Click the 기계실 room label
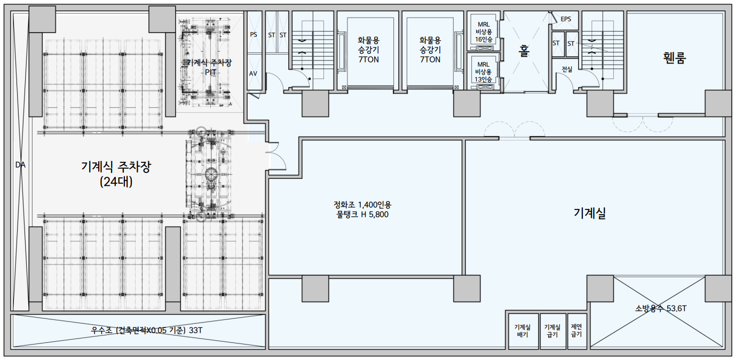coord(590,213)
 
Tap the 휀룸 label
coord(674,58)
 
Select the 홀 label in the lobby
coord(524,51)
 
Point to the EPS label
coord(566,19)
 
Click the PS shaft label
coord(254,35)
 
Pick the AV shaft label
coord(253,74)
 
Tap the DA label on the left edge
coord(20,165)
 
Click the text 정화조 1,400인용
coord(362,205)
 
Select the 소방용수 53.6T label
coord(661,308)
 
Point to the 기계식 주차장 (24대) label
coord(116,174)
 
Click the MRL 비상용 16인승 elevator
coord(484,32)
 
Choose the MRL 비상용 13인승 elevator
coord(484,72)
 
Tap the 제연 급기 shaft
coord(576,331)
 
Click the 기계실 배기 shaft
coord(523,331)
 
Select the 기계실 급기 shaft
coord(552,331)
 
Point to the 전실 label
coord(567,69)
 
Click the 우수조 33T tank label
coord(147,330)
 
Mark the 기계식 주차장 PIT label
coord(209,67)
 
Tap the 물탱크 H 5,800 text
coord(362,215)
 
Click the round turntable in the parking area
coord(212,175)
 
